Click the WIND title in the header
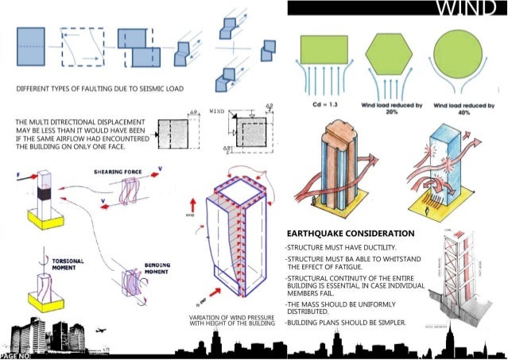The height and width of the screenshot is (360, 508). tap(469, 10)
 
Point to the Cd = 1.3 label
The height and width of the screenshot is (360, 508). tap(323, 103)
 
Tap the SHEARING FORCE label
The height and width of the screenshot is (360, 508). tap(118, 171)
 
